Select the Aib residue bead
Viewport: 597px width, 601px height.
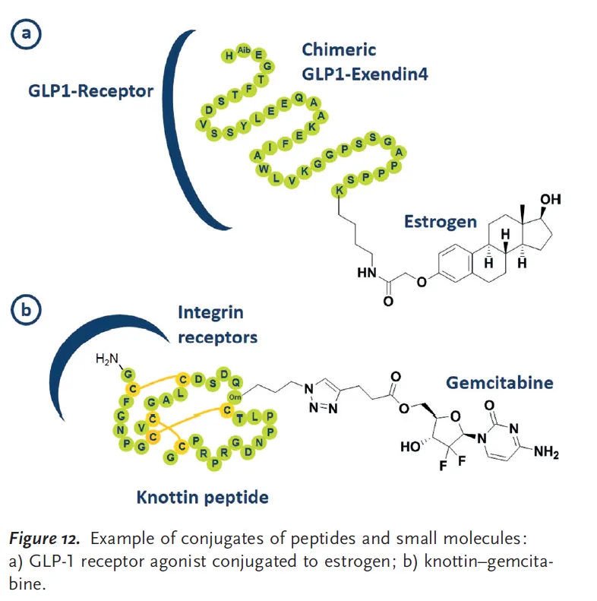[x=243, y=51]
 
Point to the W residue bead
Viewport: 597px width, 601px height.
[x=263, y=168]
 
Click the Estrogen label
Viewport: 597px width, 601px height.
[x=441, y=221]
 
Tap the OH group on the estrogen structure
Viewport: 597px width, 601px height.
[x=550, y=200]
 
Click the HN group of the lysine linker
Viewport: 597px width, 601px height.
[x=365, y=270]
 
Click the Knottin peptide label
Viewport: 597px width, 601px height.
[x=202, y=498]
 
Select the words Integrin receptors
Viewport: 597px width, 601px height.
[x=217, y=324]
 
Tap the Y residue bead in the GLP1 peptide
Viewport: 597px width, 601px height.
[x=244, y=126]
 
